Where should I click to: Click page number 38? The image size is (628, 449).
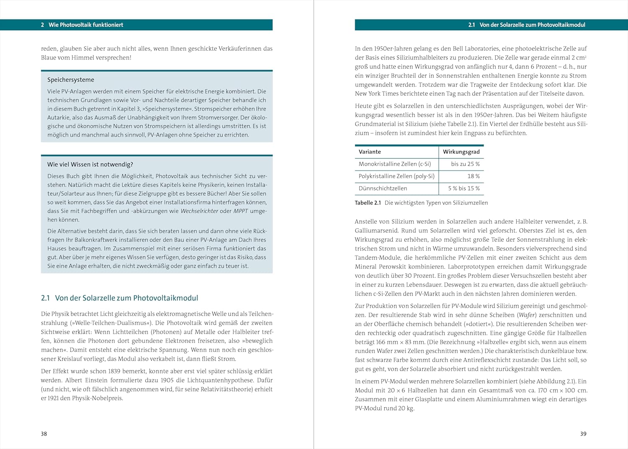[x=44, y=434]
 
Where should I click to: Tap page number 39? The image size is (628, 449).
[x=583, y=434]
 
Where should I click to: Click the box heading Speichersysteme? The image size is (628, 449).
[x=71, y=80]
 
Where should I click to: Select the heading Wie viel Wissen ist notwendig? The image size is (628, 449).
[x=90, y=164]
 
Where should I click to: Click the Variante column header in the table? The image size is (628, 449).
[x=370, y=152]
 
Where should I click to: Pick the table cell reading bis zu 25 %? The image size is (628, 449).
[x=465, y=164]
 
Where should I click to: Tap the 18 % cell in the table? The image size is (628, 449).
[x=474, y=176]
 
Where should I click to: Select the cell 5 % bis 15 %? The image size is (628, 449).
[x=464, y=188]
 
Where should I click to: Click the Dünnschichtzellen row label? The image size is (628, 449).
[x=383, y=188]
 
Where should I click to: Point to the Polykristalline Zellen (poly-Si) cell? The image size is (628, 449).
[x=396, y=176]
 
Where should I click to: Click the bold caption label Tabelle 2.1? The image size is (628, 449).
[x=368, y=203]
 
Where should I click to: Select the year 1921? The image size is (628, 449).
[x=53, y=398]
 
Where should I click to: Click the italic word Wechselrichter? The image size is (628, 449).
[x=199, y=211]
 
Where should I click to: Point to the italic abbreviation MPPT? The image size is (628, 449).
[x=241, y=211]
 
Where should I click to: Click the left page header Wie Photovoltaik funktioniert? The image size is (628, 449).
[x=86, y=25]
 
